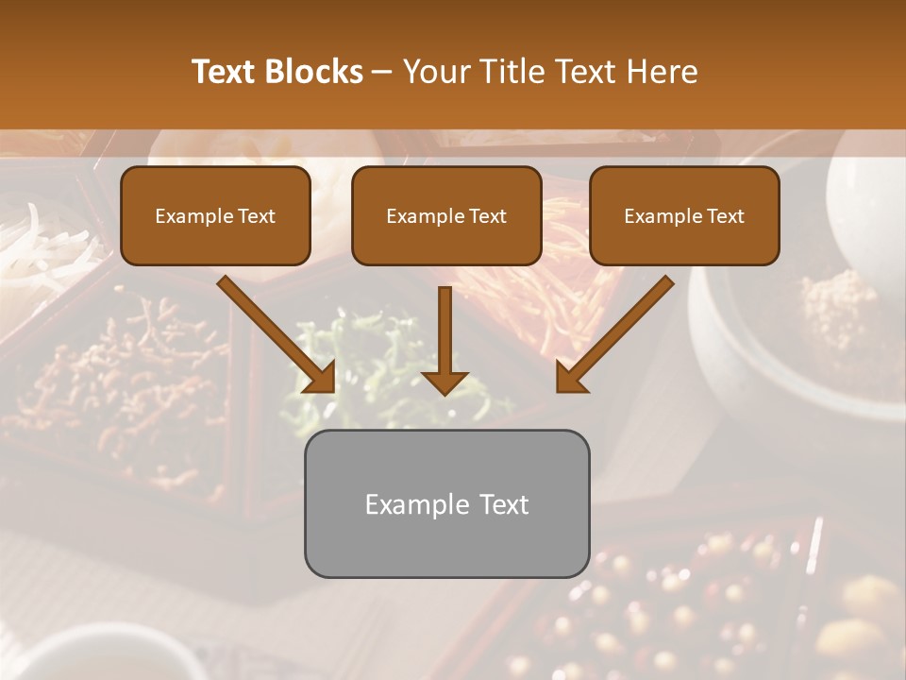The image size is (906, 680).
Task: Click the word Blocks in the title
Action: tap(316, 72)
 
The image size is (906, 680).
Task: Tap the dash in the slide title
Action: tap(383, 73)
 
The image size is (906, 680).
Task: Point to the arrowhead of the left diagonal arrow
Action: tap(321, 378)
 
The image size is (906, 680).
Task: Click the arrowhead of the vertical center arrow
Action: tap(445, 382)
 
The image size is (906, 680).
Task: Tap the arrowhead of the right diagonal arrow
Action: tap(570, 378)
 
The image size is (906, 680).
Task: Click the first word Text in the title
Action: tap(225, 72)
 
